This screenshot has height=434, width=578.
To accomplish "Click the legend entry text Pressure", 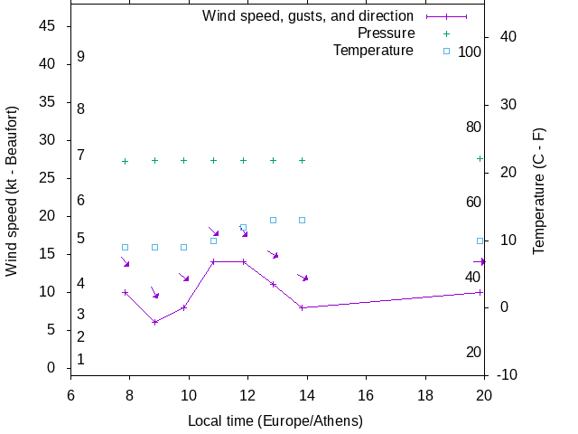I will click(x=385, y=33).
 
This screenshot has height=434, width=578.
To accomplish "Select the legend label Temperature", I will click(x=373, y=51).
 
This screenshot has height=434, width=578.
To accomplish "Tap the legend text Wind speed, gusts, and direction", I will click(x=308, y=16).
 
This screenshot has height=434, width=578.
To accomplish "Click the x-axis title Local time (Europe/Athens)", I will click(x=275, y=421).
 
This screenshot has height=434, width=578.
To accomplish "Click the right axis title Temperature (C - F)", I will click(x=539, y=190).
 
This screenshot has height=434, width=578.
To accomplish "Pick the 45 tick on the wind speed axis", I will click(x=48, y=26).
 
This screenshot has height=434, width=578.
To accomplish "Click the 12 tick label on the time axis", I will click(x=247, y=395).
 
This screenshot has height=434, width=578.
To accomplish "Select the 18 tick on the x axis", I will click(x=424, y=395).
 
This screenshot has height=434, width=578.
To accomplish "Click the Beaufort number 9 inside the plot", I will click(x=81, y=57).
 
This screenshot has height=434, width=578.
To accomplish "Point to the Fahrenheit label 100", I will click(x=470, y=52).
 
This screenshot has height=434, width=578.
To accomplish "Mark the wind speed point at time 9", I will click(x=155, y=322).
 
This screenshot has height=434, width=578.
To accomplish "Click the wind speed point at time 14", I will click(x=303, y=307).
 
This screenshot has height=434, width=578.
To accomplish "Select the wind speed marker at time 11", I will click(x=214, y=262).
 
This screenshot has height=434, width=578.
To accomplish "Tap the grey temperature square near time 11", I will click(x=214, y=241).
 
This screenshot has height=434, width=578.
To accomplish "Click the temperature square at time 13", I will click(x=273, y=220).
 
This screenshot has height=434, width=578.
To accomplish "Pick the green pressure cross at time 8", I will click(x=126, y=161).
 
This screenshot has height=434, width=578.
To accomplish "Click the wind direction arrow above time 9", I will click(x=154, y=293).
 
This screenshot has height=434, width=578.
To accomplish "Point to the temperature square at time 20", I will click(x=480, y=241).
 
